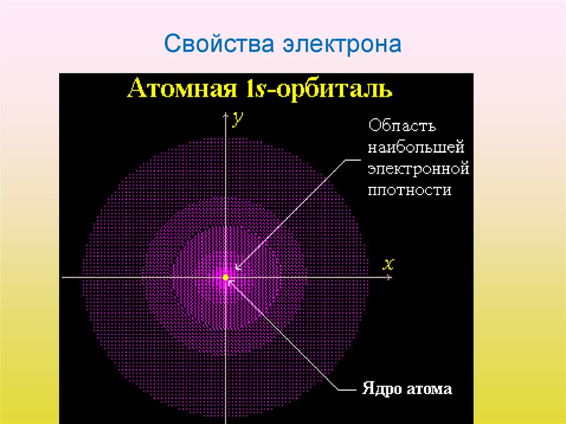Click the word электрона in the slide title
point(342,44)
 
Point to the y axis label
point(237,118)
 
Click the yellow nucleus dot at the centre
point(226,276)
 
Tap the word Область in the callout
point(402,125)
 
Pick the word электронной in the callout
point(418,168)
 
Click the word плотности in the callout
point(410,190)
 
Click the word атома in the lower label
point(429,389)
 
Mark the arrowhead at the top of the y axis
point(226,114)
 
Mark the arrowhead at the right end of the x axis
point(390,276)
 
